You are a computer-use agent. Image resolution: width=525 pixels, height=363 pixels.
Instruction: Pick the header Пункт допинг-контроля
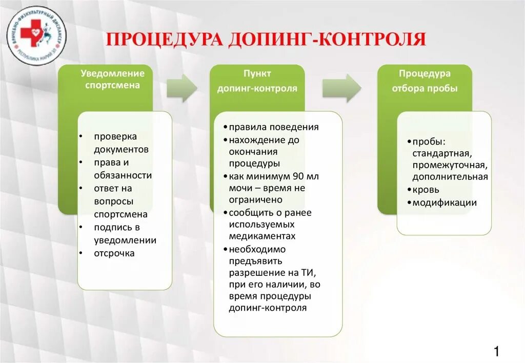click(x=257, y=81)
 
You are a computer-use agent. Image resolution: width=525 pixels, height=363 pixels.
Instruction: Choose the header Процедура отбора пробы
click(x=425, y=81)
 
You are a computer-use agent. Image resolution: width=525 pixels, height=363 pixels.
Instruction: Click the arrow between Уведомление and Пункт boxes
click(x=181, y=88)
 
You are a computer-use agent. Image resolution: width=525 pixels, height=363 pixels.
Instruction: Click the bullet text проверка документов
click(x=122, y=143)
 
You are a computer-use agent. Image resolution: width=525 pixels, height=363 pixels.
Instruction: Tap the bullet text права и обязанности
click(x=123, y=169)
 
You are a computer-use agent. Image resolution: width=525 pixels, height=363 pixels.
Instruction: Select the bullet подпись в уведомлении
click(x=125, y=233)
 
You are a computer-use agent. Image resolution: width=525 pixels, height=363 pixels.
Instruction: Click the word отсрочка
click(x=114, y=253)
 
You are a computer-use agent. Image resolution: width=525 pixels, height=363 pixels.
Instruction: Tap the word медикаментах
click(x=262, y=236)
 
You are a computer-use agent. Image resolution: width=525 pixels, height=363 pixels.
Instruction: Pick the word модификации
click(x=445, y=203)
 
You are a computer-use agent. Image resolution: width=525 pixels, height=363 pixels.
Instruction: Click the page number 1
click(x=496, y=351)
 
